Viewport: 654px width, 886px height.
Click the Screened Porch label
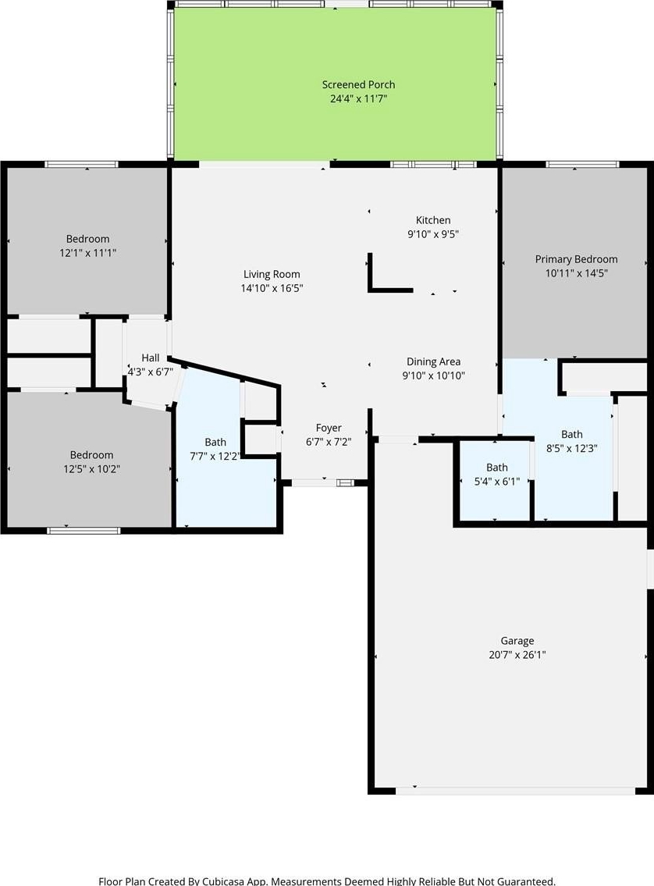coord(359,85)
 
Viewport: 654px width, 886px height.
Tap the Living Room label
coord(272,274)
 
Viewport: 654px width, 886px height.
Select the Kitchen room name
coord(433,220)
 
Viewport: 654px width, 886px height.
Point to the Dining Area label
coord(434,361)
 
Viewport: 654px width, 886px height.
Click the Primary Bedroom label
coord(577,259)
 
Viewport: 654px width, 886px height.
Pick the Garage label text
coord(517,641)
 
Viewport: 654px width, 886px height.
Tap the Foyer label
coord(329,429)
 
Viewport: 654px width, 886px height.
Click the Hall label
coord(150,358)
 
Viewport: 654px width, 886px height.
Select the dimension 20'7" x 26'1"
coord(517,655)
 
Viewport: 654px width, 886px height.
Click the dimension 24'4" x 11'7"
coord(359,99)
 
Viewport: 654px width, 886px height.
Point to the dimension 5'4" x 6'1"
coord(497,482)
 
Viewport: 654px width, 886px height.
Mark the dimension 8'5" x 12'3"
coord(572,449)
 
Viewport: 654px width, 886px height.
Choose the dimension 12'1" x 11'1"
coord(88,253)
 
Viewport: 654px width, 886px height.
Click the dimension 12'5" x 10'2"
coord(91,469)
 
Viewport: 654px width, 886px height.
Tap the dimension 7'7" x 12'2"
coord(215,457)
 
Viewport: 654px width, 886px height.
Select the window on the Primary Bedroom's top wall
coord(582,165)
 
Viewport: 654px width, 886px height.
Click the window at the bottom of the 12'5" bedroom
coord(84,531)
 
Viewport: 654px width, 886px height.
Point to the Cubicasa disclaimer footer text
coord(327,881)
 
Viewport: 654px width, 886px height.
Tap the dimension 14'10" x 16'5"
coord(272,288)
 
